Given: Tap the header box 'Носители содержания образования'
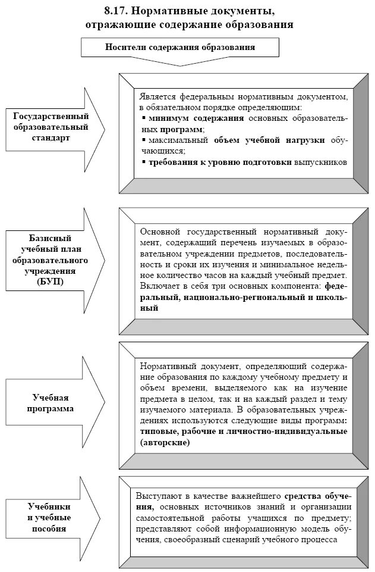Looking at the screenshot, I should point(180,46).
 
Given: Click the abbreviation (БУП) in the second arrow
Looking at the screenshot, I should point(51,282).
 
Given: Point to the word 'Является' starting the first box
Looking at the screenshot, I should point(156,96).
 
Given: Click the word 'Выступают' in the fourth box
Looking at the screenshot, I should point(157,496).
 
